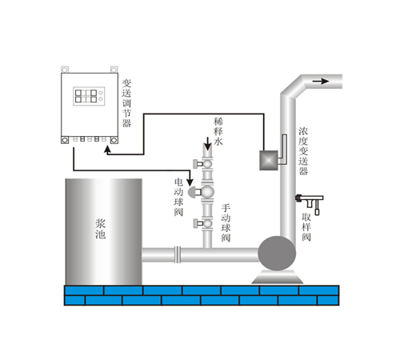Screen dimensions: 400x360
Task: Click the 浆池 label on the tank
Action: [101, 229]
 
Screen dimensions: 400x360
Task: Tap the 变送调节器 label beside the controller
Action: [126, 103]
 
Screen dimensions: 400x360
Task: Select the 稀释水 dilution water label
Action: [218, 131]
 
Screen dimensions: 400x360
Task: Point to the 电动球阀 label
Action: [178, 197]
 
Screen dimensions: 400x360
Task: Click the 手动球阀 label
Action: [226, 223]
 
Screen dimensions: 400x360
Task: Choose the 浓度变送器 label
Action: [303, 151]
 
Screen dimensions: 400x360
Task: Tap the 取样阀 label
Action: [306, 227]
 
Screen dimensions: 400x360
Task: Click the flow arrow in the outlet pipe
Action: [321, 81]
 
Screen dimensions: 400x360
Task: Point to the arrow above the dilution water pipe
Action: [207, 144]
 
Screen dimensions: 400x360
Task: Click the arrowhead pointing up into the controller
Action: [107, 149]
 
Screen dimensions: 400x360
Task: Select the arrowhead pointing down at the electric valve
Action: [190, 182]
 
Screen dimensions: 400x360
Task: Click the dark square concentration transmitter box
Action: [269, 160]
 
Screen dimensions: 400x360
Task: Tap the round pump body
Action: [277, 254]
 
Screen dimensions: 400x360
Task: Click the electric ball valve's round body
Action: [207, 192]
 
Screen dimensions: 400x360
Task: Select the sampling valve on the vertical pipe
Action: [310, 204]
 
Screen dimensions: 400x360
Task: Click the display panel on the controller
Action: [89, 96]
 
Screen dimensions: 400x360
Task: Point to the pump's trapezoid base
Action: [277, 278]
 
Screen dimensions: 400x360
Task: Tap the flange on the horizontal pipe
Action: [178, 254]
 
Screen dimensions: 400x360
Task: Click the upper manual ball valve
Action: [203, 163]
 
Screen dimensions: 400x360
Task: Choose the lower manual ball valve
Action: [203, 223]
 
